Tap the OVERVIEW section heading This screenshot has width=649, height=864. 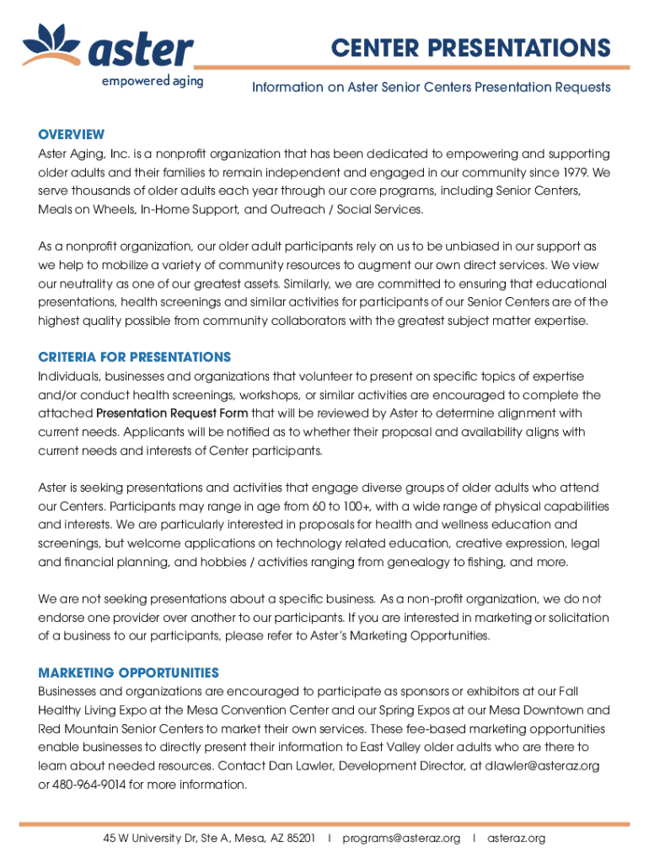pyautogui.click(x=72, y=135)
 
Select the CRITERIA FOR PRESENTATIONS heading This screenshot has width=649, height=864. pyautogui.click(x=134, y=358)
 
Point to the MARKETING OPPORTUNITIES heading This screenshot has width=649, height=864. pyautogui.click(x=128, y=672)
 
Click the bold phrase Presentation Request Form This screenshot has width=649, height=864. pyautogui.click(x=172, y=413)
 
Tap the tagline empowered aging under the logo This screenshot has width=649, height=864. pyautogui.click(x=152, y=83)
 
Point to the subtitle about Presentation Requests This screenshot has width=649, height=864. pyautogui.click(x=432, y=87)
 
